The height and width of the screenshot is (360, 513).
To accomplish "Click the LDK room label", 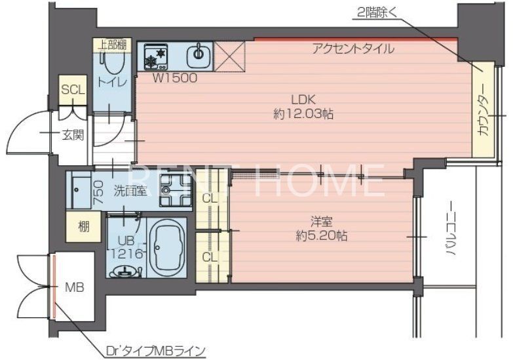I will pyautogui.click(x=304, y=100).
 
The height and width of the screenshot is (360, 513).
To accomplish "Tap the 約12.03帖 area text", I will pyautogui.click(x=303, y=114).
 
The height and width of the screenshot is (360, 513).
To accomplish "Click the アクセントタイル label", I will pyautogui.click(x=353, y=49).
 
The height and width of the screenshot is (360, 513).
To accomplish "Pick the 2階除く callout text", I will pyautogui.click(x=377, y=11).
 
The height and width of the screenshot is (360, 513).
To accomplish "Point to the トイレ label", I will pyautogui.click(x=107, y=83).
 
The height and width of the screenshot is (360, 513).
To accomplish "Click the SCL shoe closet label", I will pyautogui.click(x=72, y=90).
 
